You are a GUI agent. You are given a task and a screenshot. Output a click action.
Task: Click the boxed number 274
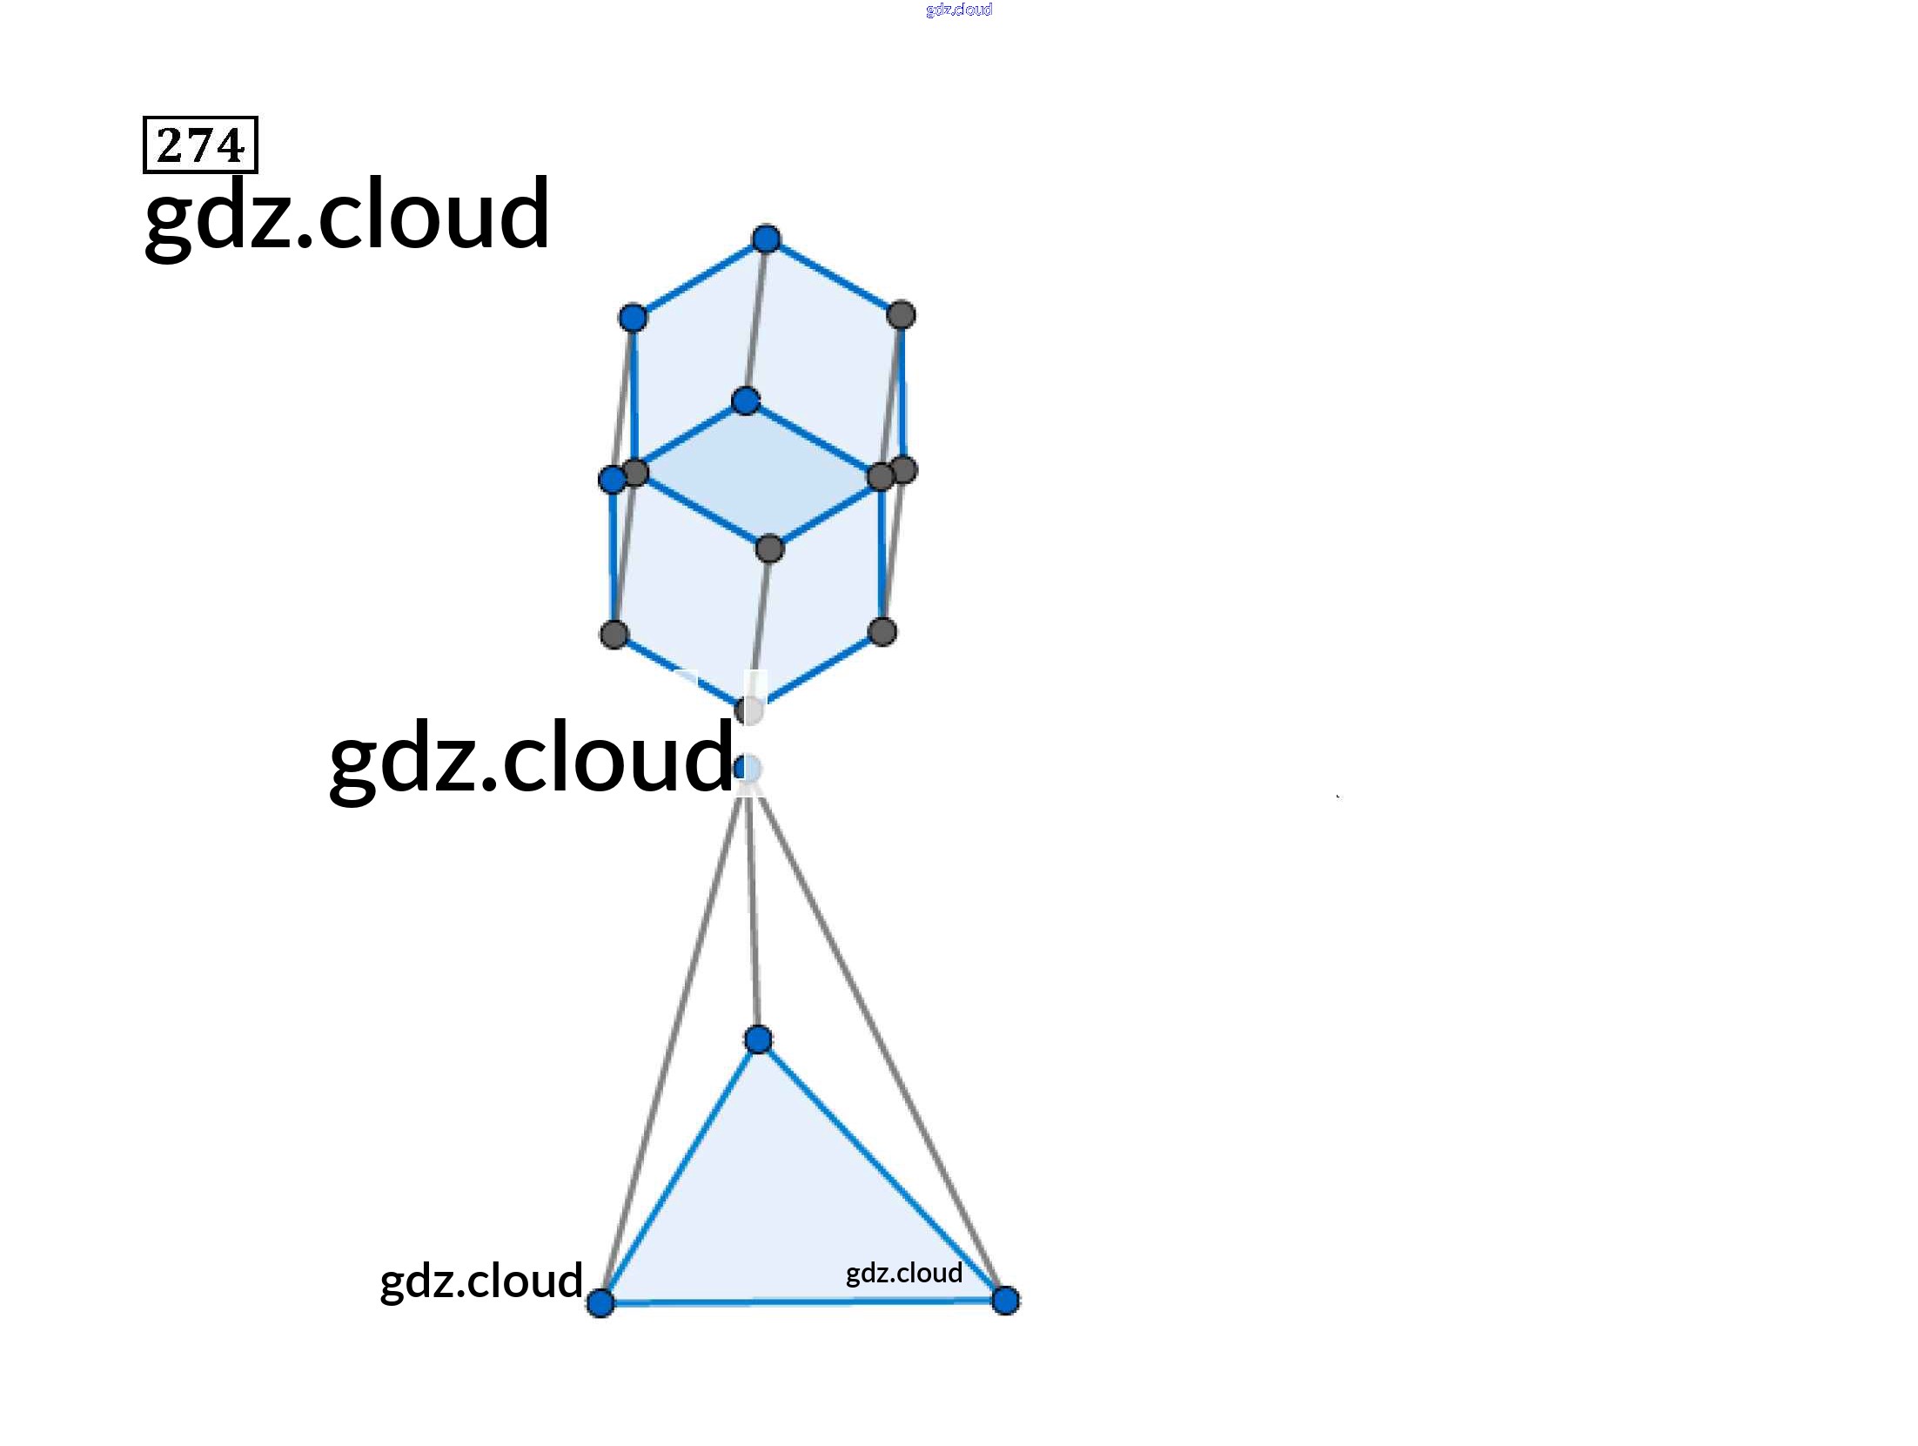click(200, 145)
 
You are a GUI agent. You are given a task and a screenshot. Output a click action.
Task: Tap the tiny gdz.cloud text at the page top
click(958, 10)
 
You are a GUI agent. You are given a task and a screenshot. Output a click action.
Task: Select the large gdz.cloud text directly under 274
click(346, 214)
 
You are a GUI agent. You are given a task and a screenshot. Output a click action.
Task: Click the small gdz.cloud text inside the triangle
click(904, 1273)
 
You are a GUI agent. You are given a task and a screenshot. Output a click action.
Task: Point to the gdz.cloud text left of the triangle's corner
click(481, 1281)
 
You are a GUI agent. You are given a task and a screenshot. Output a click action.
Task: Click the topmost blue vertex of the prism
click(766, 239)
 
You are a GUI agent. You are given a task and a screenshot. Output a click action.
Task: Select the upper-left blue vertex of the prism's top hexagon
click(633, 318)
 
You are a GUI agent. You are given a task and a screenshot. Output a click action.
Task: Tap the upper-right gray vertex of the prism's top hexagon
click(901, 314)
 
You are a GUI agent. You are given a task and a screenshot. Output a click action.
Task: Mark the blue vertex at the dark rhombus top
click(746, 400)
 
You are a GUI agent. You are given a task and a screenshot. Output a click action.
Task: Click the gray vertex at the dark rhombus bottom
click(770, 548)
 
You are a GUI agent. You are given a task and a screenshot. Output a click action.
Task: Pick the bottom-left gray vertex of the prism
click(614, 634)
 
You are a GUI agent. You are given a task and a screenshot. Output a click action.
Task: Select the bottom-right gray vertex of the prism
click(882, 632)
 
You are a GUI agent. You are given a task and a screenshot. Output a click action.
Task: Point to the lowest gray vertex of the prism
click(749, 710)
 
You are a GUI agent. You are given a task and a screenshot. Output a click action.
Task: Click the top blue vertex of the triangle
click(758, 1039)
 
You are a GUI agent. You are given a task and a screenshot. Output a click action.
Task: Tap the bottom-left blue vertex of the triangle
click(600, 1303)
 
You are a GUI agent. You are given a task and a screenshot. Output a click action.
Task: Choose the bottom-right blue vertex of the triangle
click(1005, 1301)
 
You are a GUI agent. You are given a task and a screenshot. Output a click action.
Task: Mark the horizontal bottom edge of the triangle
click(801, 1302)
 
